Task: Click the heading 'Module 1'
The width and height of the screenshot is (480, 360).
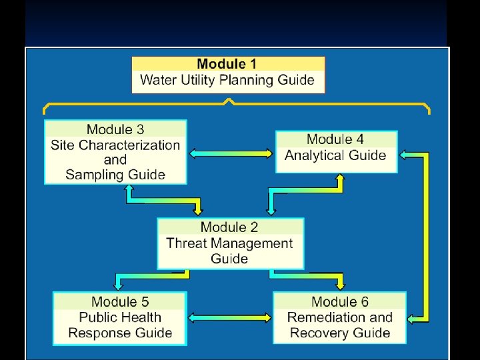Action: (x=227, y=65)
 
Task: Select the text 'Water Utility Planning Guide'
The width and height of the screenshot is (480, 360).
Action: (x=227, y=81)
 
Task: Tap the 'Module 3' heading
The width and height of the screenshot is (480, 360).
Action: (x=115, y=129)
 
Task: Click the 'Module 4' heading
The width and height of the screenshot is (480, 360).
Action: (x=335, y=139)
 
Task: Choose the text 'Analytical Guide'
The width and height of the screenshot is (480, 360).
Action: (x=335, y=155)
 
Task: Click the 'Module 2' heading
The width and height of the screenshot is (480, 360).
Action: (x=229, y=227)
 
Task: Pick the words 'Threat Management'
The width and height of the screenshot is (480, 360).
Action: (x=229, y=243)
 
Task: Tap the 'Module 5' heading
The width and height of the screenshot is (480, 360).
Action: (x=120, y=302)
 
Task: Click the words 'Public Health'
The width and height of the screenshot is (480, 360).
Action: (x=120, y=317)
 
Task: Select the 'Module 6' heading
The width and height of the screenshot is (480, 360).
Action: (x=340, y=302)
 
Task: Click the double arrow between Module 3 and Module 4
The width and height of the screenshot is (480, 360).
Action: (x=231, y=153)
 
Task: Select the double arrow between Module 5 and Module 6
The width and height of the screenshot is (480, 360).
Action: (x=230, y=318)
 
